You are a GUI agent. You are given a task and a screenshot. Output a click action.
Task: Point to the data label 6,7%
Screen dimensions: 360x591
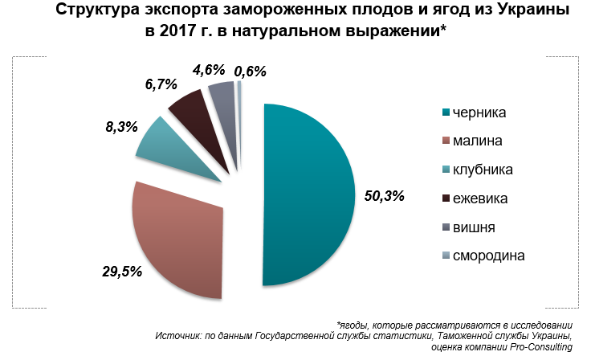(161, 84)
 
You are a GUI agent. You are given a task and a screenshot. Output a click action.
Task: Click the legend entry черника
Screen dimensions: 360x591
(482, 112)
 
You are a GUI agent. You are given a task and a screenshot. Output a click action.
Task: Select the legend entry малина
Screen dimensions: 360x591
(478, 141)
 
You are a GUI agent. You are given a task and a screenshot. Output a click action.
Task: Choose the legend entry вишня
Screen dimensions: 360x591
(474, 227)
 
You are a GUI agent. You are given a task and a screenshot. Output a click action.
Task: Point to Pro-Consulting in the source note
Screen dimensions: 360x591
(538, 346)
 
